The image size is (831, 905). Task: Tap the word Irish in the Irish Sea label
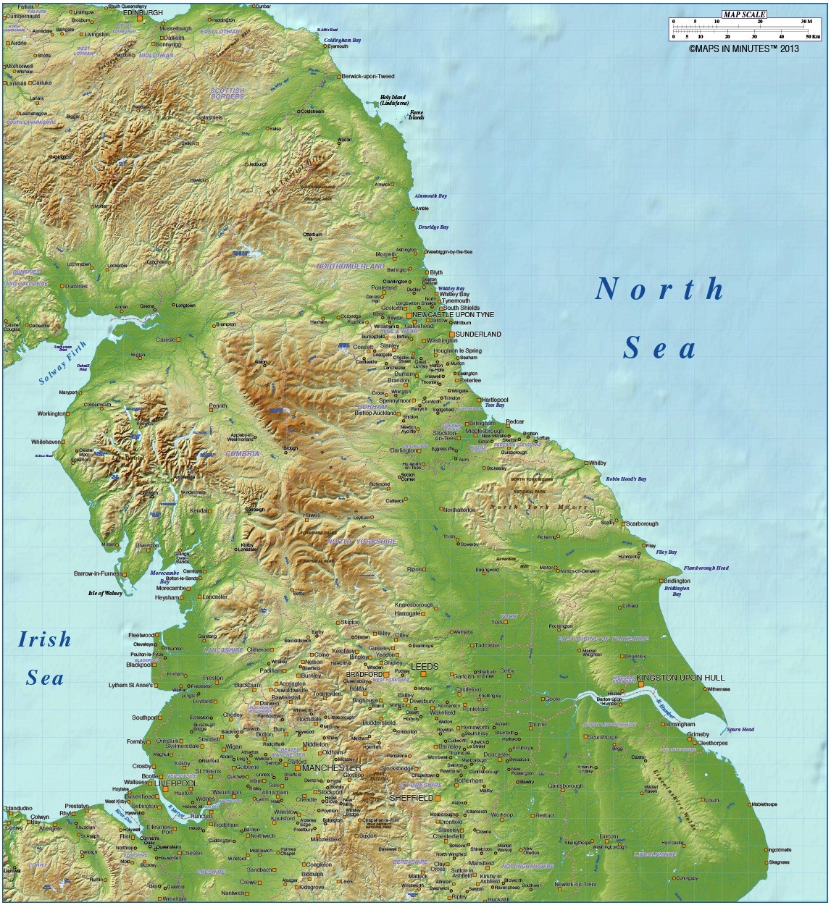pos(45,640)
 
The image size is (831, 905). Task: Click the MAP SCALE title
pos(743,14)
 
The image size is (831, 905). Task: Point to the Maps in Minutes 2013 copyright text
pos(743,49)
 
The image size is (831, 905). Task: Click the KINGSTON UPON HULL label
pos(680,678)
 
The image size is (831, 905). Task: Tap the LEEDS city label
pos(425,665)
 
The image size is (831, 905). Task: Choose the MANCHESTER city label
pos(332,767)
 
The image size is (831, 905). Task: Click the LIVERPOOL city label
pos(175,783)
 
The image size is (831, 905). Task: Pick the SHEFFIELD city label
pos(412,797)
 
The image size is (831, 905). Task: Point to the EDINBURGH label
pos(143,13)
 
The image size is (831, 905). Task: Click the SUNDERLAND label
pos(477,334)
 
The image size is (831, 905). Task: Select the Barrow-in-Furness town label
pos(97,574)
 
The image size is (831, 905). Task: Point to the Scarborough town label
pos(641,523)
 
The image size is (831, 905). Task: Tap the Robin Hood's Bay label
pos(626,479)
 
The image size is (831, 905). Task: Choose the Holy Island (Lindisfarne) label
pos(393,100)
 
